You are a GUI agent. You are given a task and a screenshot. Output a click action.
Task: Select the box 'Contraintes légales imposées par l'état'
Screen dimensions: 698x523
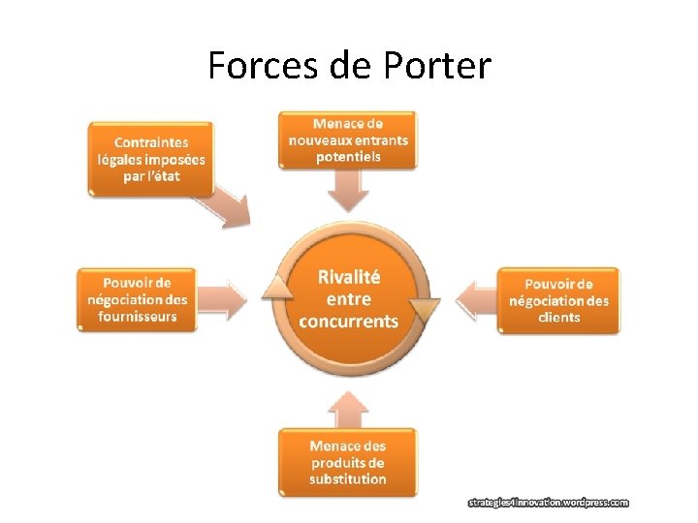coord(151,159)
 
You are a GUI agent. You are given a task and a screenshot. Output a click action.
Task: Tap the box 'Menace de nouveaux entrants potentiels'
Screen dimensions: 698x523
coord(348,140)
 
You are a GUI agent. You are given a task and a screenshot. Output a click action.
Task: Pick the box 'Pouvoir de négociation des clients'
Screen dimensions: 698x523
coord(558,300)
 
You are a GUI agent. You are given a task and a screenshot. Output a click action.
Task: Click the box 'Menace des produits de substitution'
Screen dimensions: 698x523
coord(347,462)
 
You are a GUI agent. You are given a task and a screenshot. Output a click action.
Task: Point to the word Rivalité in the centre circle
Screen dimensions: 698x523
coord(349,277)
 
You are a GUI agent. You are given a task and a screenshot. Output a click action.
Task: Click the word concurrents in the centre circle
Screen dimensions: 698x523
coord(349,321)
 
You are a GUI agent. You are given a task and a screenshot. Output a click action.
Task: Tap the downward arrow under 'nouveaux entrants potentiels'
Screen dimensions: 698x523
coord(348,191)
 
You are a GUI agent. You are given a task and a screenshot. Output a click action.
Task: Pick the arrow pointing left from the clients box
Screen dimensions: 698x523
coord(475,299)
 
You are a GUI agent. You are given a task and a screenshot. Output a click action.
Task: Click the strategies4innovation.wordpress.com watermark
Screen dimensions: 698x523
coord(549,503)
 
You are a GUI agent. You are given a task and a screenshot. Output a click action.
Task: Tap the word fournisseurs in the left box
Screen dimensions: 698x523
coord(138,317)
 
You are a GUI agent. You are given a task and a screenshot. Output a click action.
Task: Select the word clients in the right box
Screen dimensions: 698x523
coord(559,317)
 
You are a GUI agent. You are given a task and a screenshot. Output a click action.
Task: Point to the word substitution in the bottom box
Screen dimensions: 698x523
coord(348,479)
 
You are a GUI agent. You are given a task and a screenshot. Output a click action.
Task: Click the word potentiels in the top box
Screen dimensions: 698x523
coord(349,156)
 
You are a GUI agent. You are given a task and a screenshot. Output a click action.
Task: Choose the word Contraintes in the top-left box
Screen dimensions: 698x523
coord(151,142)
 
